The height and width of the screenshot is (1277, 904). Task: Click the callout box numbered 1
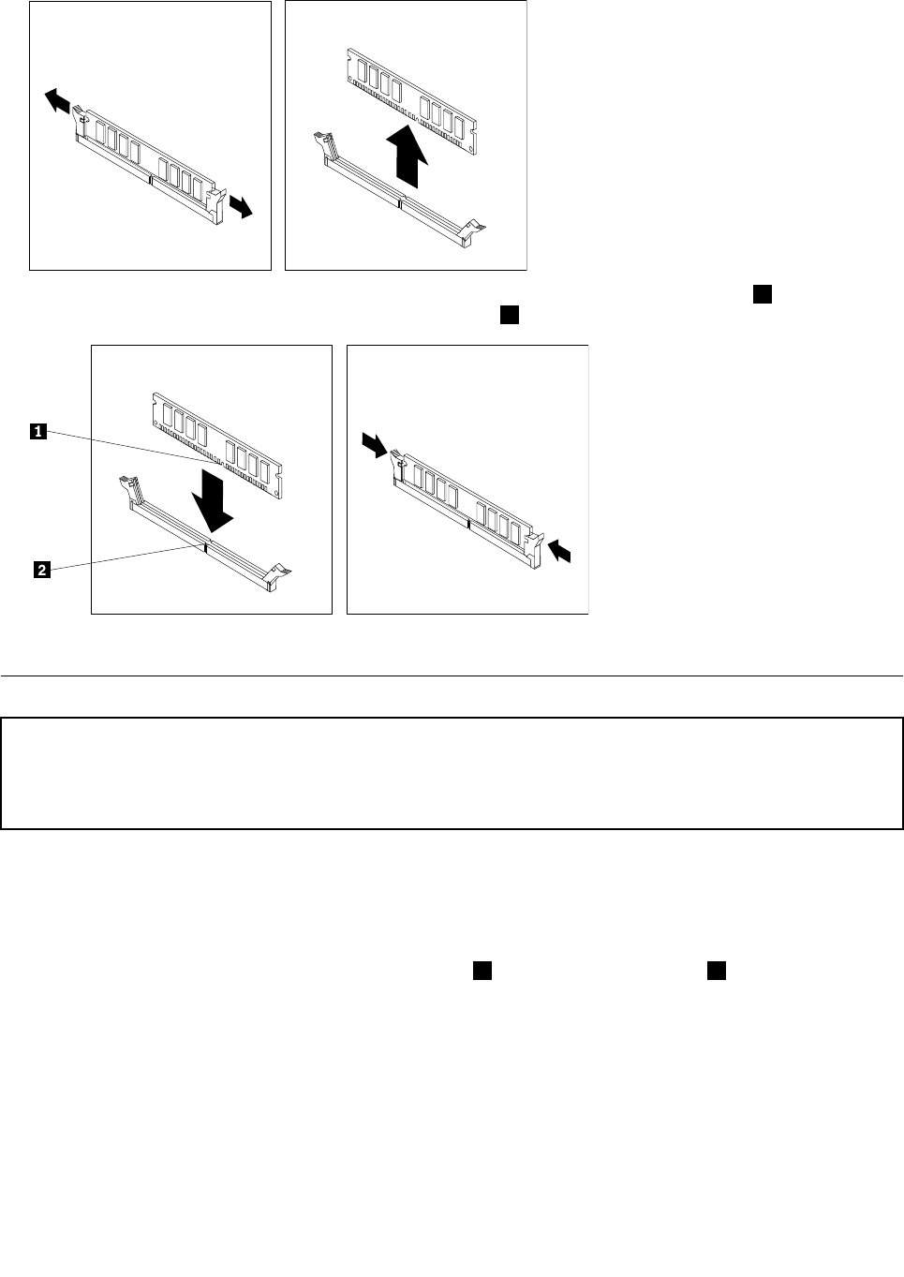click(x=38, y=432)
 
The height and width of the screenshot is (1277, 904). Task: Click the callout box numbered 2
click(x=42, y=570)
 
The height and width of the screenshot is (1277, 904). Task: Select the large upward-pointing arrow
click(x=407, y=156)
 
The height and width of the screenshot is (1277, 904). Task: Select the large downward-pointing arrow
click(x=212, y=501)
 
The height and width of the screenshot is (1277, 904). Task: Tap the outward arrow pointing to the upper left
click(x=57, y=99)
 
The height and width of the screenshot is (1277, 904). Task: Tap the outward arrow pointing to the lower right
click(x=241, y=206)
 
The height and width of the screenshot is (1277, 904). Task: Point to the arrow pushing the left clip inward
click(x=375, y=445)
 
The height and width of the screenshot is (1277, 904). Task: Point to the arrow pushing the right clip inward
click(x=559, y=551)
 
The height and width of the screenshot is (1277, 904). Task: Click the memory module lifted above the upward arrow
click(x=411, y=101)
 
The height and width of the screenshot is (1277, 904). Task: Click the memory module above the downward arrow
click(x=217, y=445)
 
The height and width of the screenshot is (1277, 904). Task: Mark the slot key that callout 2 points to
click(x=205, y=548)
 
